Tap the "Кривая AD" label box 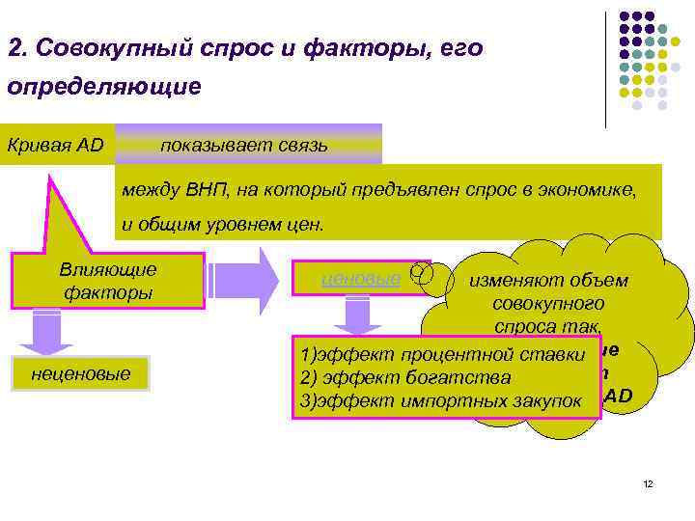pos(56,145)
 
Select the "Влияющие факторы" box pos(108,281)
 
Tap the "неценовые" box pos(81,372)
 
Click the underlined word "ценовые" pos(360,280)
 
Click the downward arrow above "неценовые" pos(46,333)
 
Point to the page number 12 pos(648,483)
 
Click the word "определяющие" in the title pos(103,88)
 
